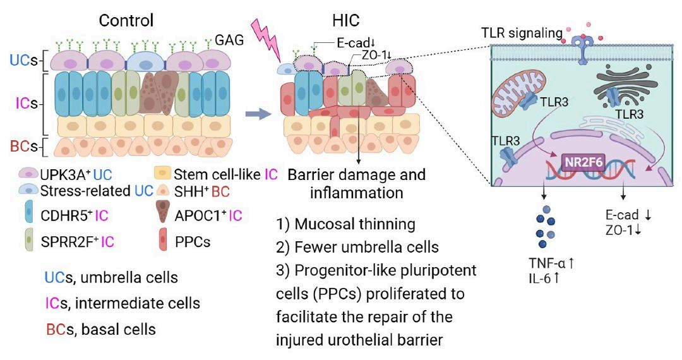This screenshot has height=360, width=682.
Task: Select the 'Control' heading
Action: [x=126, y=20]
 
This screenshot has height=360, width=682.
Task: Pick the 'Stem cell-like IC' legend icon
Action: [x=164, y=172]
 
